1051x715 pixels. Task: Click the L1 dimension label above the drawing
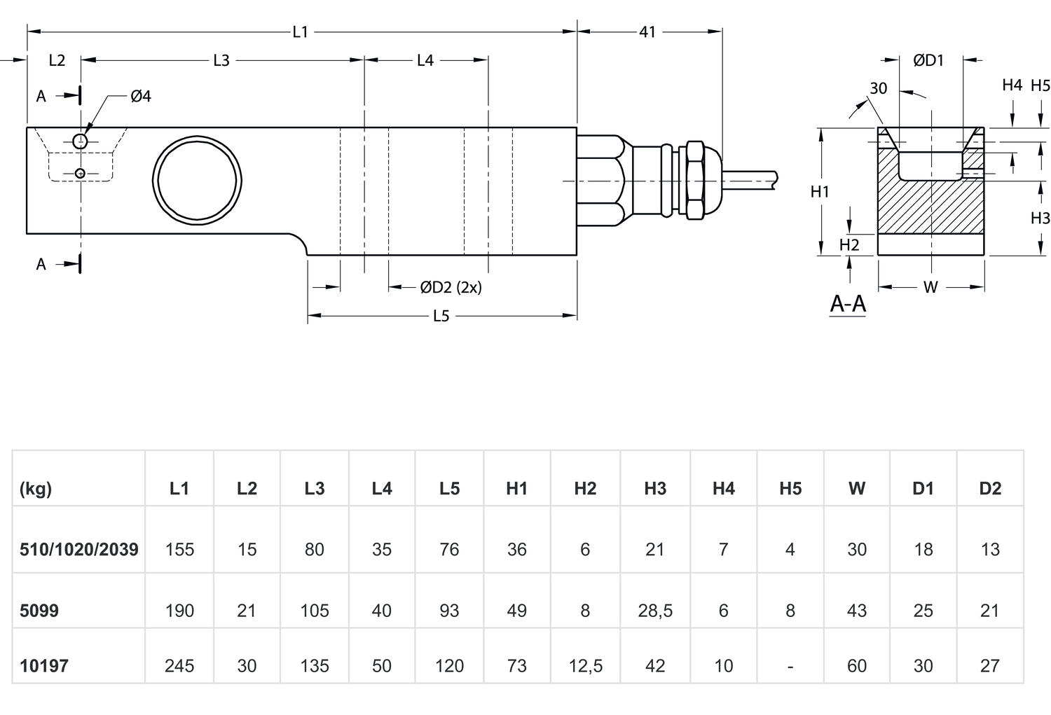click(x=300, y=32)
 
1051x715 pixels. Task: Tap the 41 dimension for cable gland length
click(x=647, y=32)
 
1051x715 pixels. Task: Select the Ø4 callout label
click(x=140, y=96)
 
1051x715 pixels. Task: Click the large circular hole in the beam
click(x=198, y=180)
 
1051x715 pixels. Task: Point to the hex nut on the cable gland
click(x=694, y=180)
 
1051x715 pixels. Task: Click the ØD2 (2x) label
click(x=451, y=287)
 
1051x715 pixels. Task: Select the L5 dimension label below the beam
click(x=440, y=316)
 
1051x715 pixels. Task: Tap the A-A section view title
click(x=848, y=304)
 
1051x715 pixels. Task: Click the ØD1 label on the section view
click(x=928, y=60)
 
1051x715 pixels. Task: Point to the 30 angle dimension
click(x=878, y=88)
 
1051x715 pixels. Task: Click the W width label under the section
click(x=930, y=287)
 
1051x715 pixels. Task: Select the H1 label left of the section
click(x=820, y=191)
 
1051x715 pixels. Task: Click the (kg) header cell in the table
click(x=36, y=488)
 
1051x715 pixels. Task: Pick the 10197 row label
click(x=44, y=665)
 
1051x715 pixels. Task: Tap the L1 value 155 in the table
click(x=179, y=549)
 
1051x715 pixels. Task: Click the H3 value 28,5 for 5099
click(x=654, y=611)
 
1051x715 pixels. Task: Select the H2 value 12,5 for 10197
click(x=585, y=665)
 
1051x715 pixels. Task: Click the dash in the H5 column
click(x=790, y=665)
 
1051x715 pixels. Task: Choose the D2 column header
click(x=989, y=488)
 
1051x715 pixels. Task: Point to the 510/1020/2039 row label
click(x=78, y=549)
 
